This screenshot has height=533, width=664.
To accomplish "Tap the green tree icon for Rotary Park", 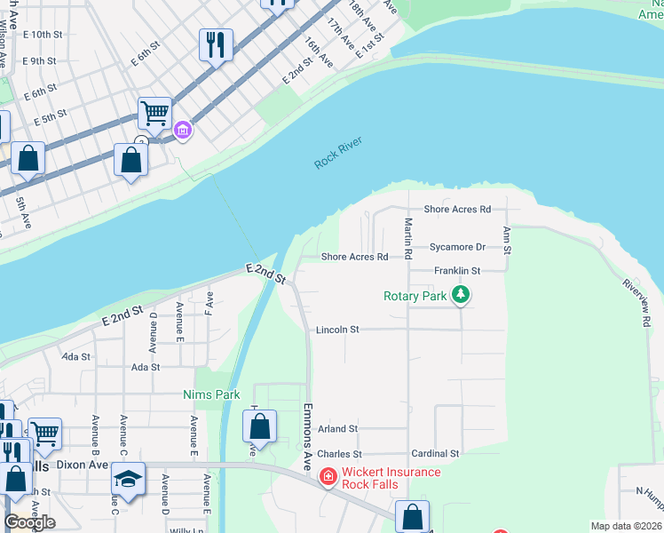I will pyautogui.click(x=460, y=295).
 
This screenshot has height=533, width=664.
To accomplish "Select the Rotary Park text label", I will pyautogui.click(x=415, y=296).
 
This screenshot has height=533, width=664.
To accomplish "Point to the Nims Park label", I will pyautogui.click(x=211, y=394).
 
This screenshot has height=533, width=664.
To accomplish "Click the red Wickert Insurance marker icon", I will pyautogui.click(x=328, y=477).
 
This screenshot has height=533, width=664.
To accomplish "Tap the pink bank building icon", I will pyautogui.click(x=183, y=131).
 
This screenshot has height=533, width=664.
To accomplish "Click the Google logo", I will pyautogui.click(x=29, y=521).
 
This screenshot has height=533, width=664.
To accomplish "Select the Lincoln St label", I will pyautogui.click(x=337, y=330).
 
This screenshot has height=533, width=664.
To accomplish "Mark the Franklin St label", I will pyautogui.click(x=456, y=271).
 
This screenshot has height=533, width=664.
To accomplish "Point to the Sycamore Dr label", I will pyautogui.click(x=457, y=248).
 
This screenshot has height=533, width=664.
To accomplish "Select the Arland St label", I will pyautogui.click(x=336, y=428).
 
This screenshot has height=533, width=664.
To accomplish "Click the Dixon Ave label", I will pyautogui.click(x=82, y=464).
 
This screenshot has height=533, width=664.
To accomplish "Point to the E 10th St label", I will pyautogui.click(x=44, y=34).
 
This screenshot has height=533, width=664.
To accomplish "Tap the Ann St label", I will pyautogui.click(x=507, y=237).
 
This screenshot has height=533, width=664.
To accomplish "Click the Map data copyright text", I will pyautogui.click(x=626, y=526).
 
